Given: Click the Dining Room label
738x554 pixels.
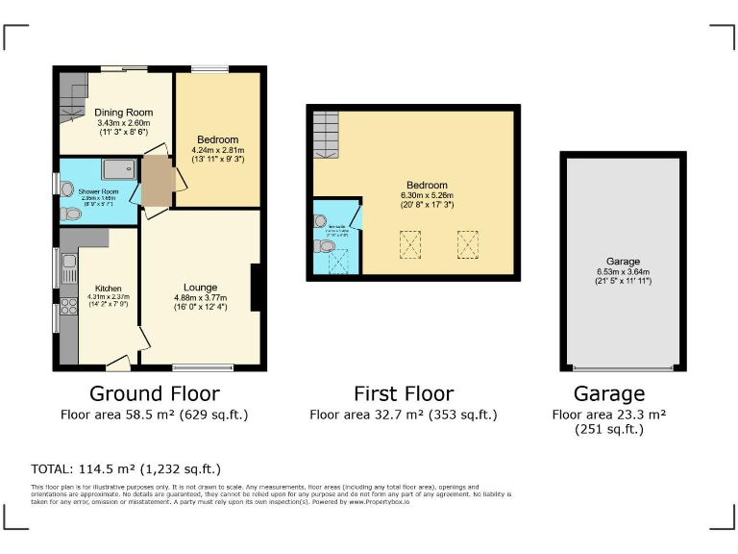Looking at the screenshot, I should click(123, 113).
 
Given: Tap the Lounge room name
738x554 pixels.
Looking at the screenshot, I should click(200, 287).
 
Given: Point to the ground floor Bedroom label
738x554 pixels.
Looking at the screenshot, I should click(217, 139).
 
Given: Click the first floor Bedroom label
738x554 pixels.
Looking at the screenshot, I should click(426, 185).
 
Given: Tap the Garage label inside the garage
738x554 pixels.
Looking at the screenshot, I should click(623, 261).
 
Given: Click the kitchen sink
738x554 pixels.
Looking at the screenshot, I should click(68, 263).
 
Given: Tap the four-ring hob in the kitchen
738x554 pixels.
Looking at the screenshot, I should click(68, 307).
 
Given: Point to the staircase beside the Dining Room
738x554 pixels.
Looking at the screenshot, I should click(73, 100).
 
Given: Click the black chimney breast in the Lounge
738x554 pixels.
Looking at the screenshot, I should click(256, 287).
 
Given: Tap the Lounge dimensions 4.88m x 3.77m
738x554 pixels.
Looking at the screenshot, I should click(200, 297).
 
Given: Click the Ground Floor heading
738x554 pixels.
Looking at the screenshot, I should click(154, 393).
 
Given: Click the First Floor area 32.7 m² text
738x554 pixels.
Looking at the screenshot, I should click(404, 415).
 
